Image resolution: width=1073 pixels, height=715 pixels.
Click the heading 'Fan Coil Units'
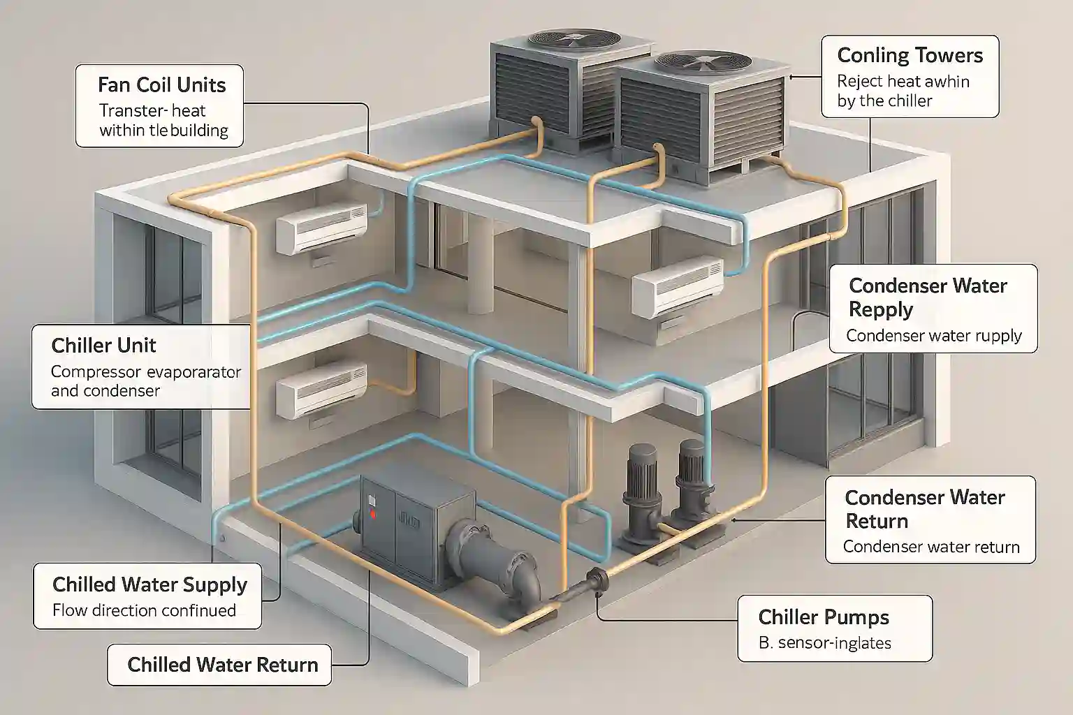[x=161, y=85]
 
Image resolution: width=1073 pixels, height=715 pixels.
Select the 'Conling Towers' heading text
[x=910, y=56]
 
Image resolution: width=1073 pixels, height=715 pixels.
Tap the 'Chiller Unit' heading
[x=103, y=346]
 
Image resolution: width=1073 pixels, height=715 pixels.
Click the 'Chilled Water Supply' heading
[x=149, y=584]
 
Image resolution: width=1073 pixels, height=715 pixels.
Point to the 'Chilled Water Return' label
[x=222, y=664]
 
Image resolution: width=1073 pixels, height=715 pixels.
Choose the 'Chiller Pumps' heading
[x=823, y=617]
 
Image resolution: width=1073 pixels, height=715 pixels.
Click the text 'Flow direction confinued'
[x=144, y=610]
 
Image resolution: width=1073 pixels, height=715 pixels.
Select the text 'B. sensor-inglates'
[x=824, y=643]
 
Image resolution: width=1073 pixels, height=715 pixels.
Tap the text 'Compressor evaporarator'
[x=145, y=371]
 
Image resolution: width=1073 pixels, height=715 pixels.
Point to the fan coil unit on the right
[x=677, y=286]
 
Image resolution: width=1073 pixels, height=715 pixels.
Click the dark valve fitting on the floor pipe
[x=598, y=579]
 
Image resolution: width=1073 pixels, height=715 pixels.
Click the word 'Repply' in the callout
[x=880, y=309]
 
